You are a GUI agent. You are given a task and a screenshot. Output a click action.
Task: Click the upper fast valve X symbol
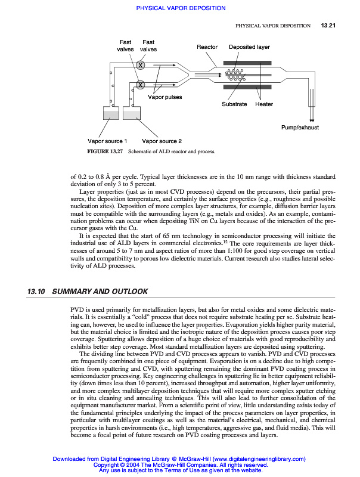coord(141,65)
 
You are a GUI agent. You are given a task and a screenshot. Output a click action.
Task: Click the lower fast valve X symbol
coord(141,85)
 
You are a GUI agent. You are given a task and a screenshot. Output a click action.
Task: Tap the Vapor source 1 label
coord(107,141)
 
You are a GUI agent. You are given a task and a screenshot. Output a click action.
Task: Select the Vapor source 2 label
coord(162,141)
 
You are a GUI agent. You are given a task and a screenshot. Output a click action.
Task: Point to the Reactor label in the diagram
coord(207,47)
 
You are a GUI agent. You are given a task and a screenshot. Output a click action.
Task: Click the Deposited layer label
coord(249,47)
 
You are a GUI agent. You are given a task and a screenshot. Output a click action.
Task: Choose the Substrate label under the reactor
coord(234,104)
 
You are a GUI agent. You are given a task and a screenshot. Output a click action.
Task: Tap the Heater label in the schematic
coord(264,104)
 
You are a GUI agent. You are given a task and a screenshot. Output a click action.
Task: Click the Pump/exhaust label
coord(300,128)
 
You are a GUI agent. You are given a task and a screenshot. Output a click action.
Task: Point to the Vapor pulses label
coord(165,97)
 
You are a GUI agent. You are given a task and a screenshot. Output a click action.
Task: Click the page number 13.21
coord(329,26)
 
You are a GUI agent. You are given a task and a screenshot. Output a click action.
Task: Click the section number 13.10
coord(36,292)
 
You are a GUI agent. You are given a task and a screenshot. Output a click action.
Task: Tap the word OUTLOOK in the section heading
coord(127,292)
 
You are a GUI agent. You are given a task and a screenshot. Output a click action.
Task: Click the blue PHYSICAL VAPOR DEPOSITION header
coord(181,8)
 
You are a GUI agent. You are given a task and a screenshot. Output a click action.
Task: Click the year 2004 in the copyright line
coord(129,464)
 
